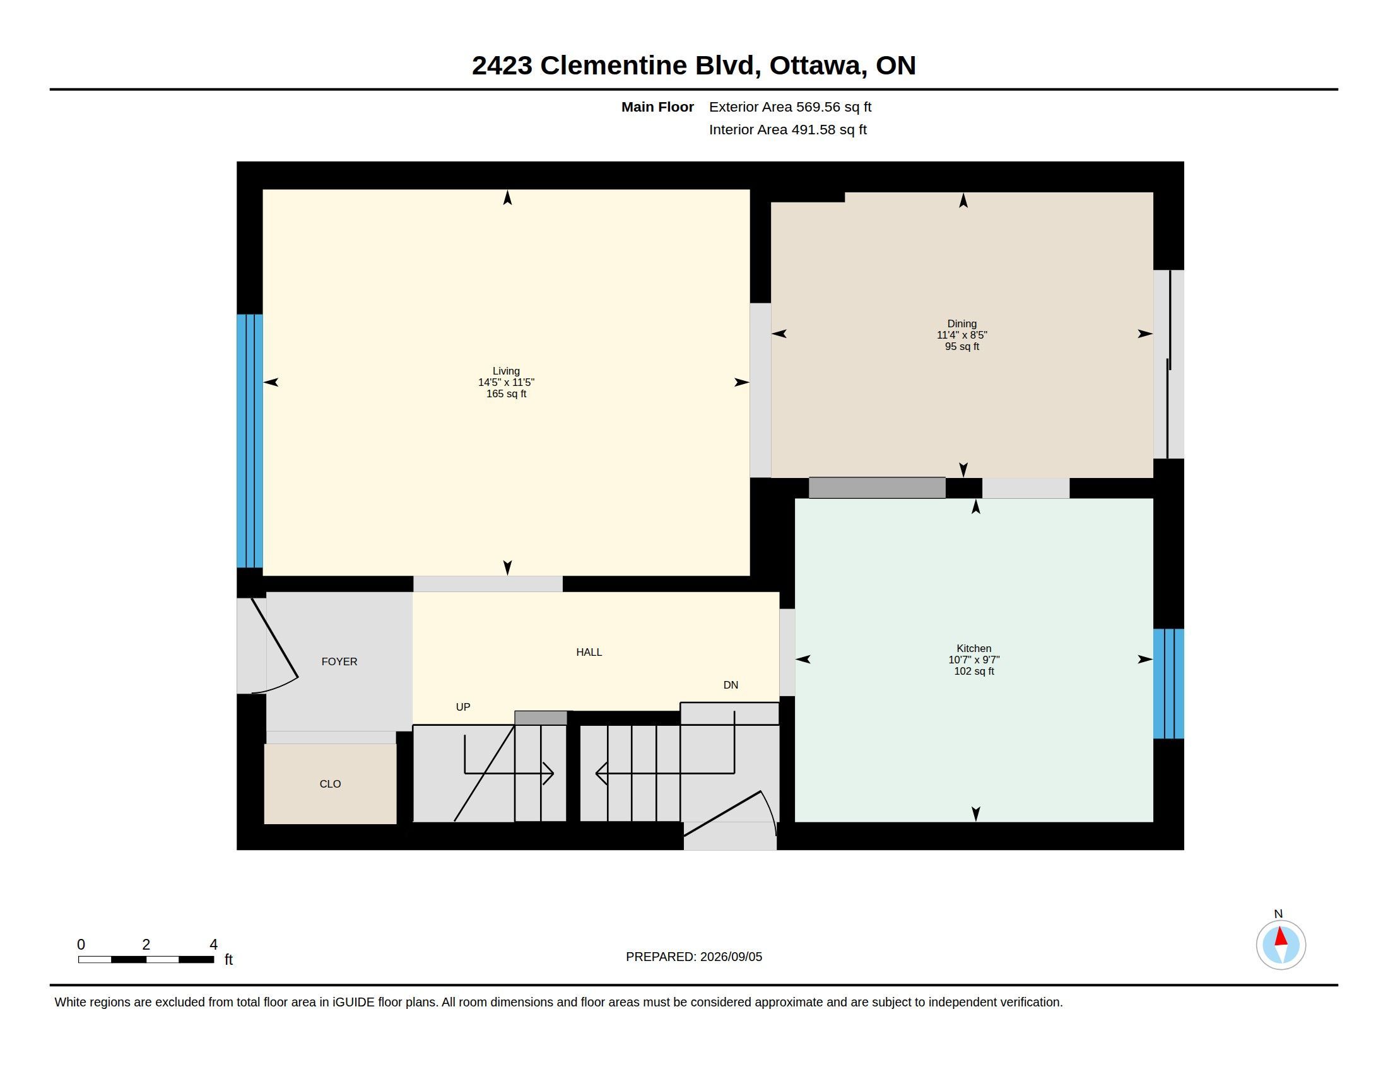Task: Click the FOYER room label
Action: click(x=339, y=661)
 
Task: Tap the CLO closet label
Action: click(x=331, y=784)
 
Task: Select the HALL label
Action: click(x=589, y=652)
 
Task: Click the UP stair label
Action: click(x=463, y=707)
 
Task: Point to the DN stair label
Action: click(x=731, y=685)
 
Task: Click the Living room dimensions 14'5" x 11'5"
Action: click(x=507, y=382)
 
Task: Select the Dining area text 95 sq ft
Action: click(x=962, y=347)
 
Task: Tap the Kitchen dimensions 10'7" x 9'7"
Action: click(x=974, y=660)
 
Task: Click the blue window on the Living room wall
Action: click(x=250, y=441)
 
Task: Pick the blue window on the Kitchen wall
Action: click(x=1168, y=684)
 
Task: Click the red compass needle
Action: click(x=1281, y=936)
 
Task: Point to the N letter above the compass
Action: click(x=1279, y=914)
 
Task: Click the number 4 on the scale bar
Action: click(x=213, y=945)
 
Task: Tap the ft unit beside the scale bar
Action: click(x=229, y=960)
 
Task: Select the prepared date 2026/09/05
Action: click(x=731, y=957)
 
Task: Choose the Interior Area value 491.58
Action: click(x=810, y=129)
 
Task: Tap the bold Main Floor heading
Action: click(x=658, y=107)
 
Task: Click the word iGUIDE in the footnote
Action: click(x=353, y=1002)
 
